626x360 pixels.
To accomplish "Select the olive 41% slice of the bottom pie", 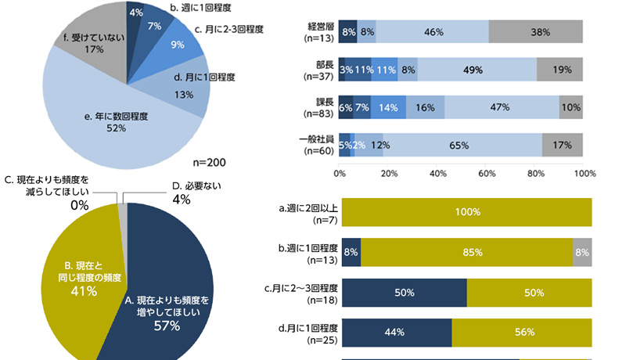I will (x=78, y=278).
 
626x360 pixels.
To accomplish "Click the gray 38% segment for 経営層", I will (x=536, y=32).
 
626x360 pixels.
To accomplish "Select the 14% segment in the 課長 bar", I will (x=388, y=107).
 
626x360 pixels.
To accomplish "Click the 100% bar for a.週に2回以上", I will (x=466, y=212).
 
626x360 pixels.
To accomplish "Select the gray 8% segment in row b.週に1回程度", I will (x=582, y=253).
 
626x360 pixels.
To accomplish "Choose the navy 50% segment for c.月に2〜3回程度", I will (x=404, y=293).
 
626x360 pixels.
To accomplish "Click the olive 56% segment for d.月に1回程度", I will (x=522, y=332).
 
